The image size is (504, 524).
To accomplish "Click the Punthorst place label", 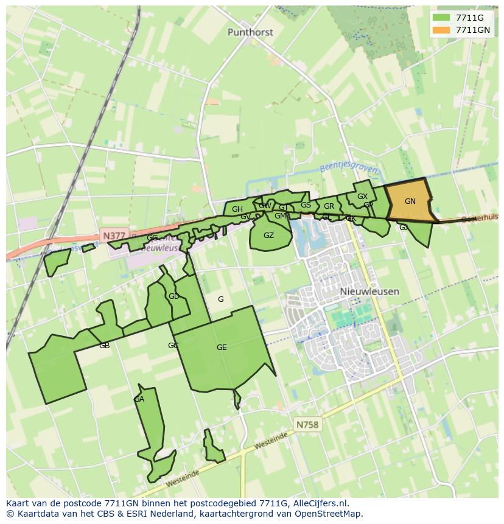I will pyautogui.click(x=250, y=32).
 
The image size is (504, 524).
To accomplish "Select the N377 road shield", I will pyautogui.click(x=114, y=235).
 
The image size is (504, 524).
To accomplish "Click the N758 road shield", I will pyautogui.click(x=307, y=425).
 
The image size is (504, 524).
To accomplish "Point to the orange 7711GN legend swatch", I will pyautogui.click(x=441, y=30).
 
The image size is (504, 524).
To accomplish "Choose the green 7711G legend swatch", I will pyautogui.click(x=441, y=18).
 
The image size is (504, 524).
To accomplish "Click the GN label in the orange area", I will pyautogui.click(x=410, y=201).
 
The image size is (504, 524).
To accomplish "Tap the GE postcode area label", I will pyautogui.click(x=222, y=348).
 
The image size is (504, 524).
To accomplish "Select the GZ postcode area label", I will pyautogui.click(x=268, y=236).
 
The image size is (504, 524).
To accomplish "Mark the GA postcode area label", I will pyautogui.click(x=139, y=399).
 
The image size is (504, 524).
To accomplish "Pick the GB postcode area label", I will pyautogui.click(x=104, y=346).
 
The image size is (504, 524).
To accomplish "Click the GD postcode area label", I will pyautogui.click(x=174, y=296).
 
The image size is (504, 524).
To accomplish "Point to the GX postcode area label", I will pyautogui.click(x=362, y=197).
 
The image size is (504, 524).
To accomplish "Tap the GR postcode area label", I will pyautogui.click(x=329, y=206).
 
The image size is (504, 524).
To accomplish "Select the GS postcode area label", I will pyautogui.click(x=306, y=205).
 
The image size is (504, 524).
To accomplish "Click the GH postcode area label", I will pyautogui.click(x=237, y=209).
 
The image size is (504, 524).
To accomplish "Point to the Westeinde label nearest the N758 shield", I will pyautogui.click(x=271, y=442).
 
